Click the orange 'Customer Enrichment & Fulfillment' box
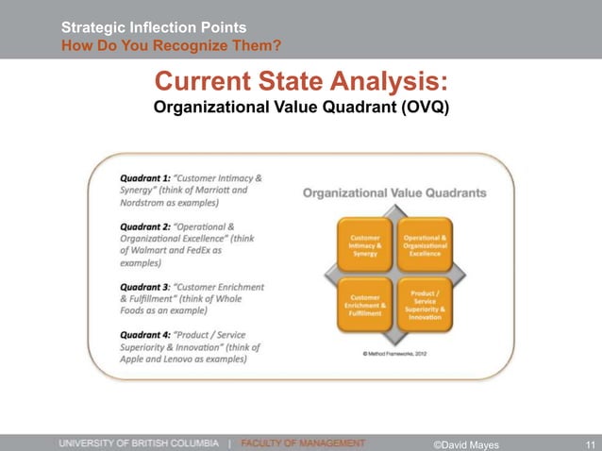pyautogui.click(x=365, y=303)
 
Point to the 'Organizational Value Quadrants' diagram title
pyautogui.click(x=394, y=192)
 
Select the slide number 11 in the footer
pyautogui.click(x=590, y=443)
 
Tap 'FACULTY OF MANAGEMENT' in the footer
pyautogui.click(x=303, y=442)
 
